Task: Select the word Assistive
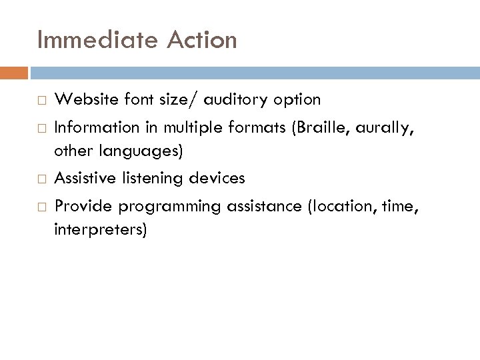click(83, 179)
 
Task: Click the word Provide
click(79, 206)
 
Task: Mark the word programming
click(162, 206)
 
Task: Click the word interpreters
click(103, 230)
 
